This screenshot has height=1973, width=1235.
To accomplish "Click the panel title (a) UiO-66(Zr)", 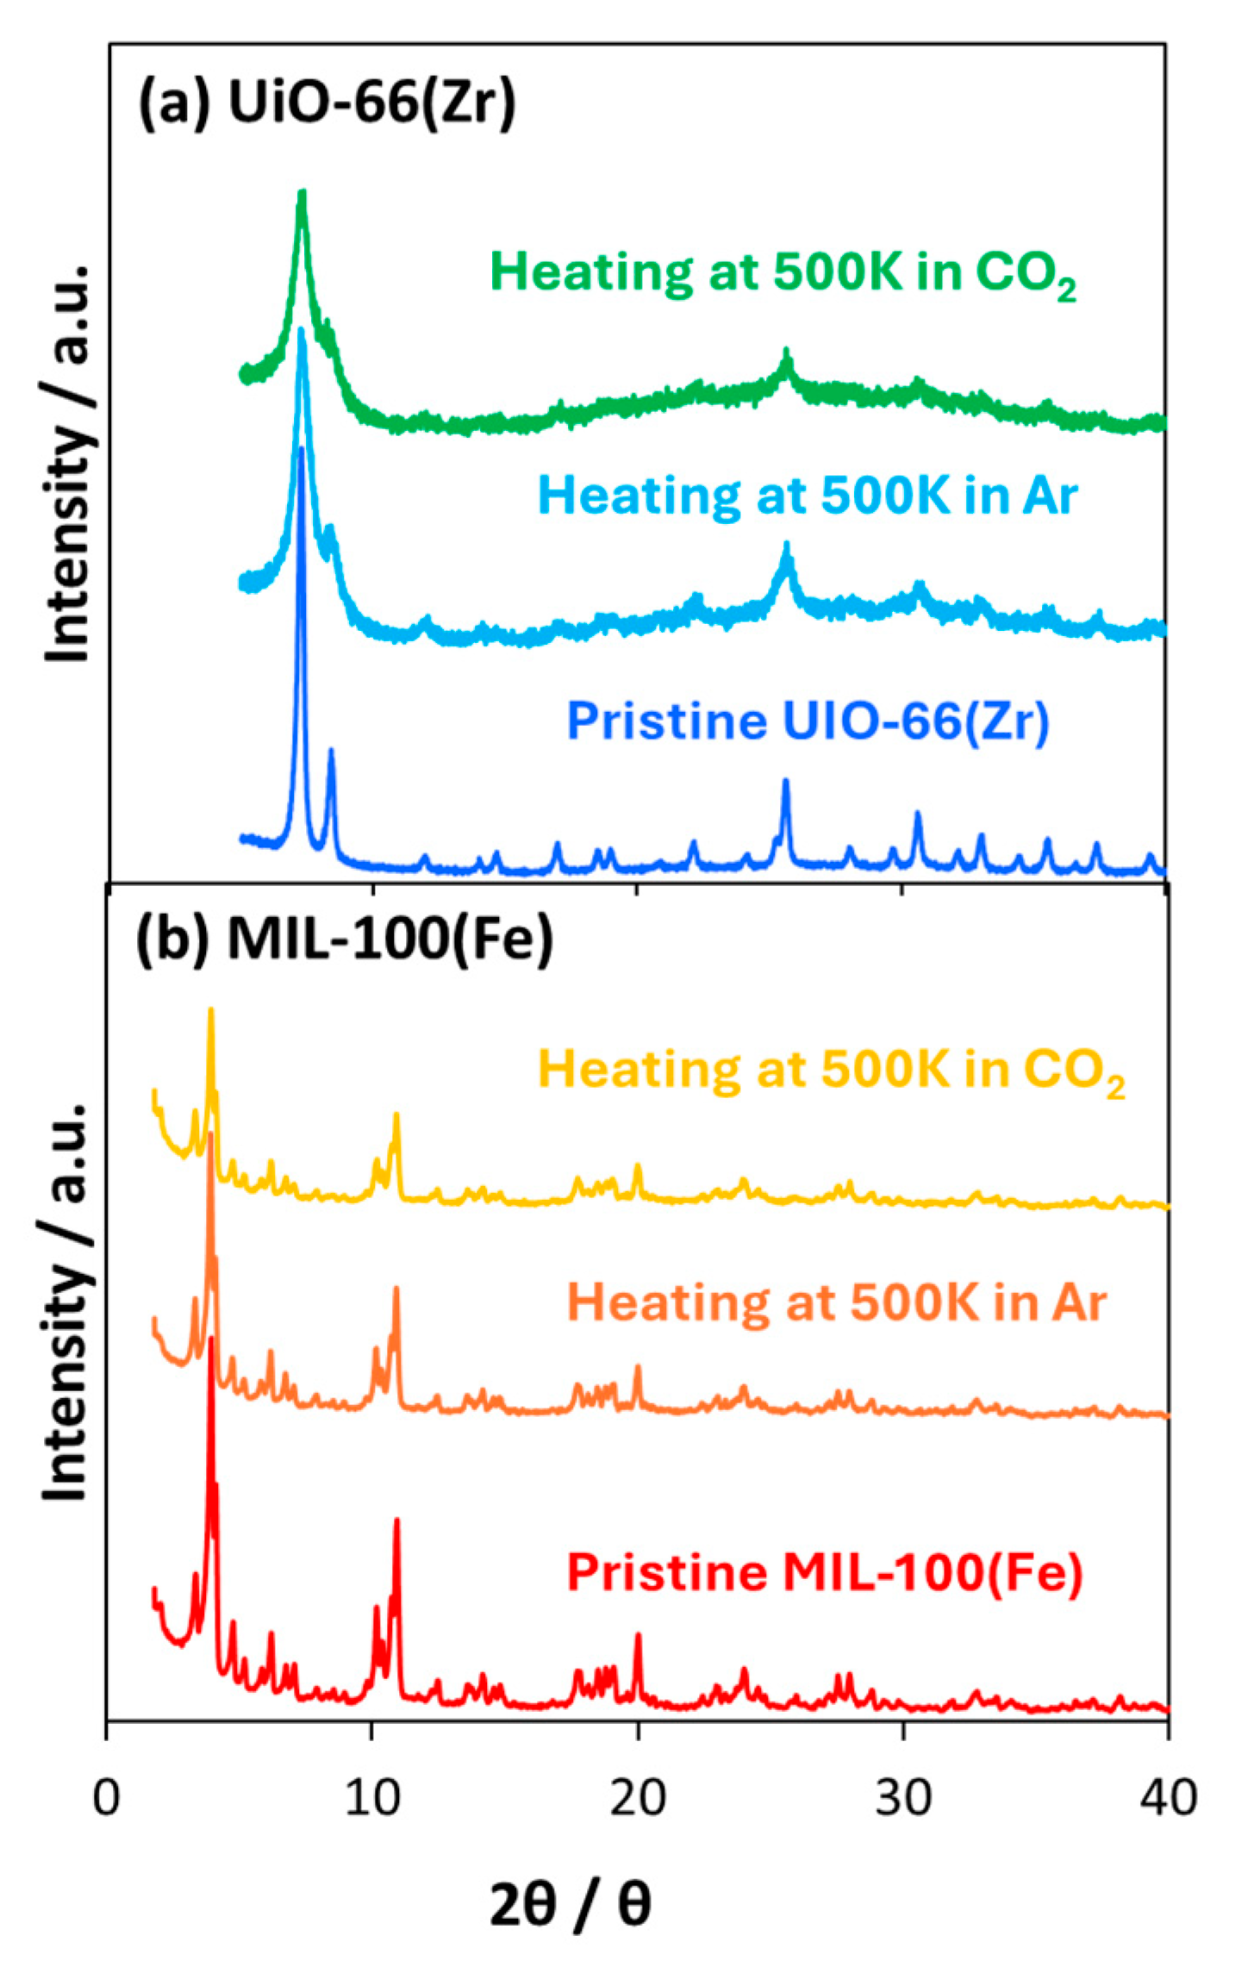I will pos(327,102).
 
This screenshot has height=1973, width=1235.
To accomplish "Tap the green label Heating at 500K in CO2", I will pos(783,273).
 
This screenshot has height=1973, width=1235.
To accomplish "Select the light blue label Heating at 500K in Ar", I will pos(808,496).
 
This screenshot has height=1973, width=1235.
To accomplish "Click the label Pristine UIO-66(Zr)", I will pos(808,721).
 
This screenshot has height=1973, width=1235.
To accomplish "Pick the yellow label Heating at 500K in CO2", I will pos(831,1071).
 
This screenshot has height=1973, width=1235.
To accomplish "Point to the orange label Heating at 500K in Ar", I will pos(836,1302).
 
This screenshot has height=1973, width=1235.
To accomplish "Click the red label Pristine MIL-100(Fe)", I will pos(825,1572).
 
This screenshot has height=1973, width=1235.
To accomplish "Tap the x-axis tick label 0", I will pos(106,1798).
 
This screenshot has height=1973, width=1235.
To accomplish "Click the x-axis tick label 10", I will pos(372,1798).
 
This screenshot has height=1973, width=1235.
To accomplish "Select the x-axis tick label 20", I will pos(638,1798).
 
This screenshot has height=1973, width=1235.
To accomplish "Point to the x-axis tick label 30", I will pos(903,1798).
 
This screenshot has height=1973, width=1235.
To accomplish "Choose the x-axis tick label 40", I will pos(1169,1798).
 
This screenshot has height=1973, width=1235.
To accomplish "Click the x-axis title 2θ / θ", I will pos(570,1904).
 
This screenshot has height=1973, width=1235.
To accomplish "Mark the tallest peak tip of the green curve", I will pos(302,193).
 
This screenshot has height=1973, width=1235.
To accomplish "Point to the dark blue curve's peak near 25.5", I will pos(785,782).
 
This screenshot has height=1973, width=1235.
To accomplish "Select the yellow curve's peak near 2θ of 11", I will pos(396,1115).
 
